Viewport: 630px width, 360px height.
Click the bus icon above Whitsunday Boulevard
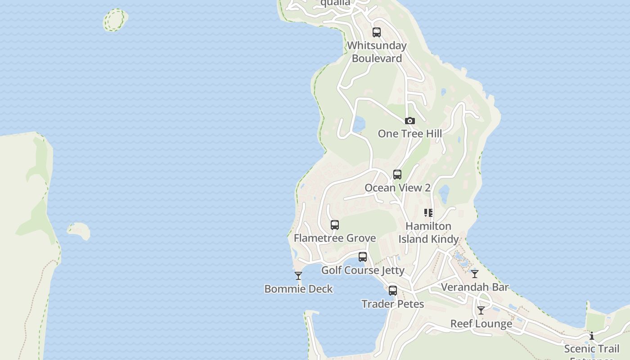377,32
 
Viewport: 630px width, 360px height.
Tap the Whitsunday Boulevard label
377,52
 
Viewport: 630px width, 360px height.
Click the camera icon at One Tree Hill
409,121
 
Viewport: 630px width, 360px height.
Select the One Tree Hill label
409,134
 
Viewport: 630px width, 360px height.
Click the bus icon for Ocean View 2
397,175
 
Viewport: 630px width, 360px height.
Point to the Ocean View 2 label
397,188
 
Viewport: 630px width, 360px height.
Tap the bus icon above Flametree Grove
335,225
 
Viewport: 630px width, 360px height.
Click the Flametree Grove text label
335,238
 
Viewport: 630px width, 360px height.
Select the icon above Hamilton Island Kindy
428,213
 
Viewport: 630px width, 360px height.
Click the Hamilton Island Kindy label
428,232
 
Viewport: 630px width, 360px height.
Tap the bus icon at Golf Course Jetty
363,257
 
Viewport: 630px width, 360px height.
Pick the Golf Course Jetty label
363,270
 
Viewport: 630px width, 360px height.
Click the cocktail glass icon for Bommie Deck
298,276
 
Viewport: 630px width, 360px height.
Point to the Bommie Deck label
298,289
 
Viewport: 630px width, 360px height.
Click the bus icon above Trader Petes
393,291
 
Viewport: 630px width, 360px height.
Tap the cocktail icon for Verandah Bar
475,274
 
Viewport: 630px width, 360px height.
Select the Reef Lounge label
481,324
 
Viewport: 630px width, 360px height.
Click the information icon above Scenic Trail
592,336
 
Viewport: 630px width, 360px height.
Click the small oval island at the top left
115,20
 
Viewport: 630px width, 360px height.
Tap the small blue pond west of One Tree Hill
359,125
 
